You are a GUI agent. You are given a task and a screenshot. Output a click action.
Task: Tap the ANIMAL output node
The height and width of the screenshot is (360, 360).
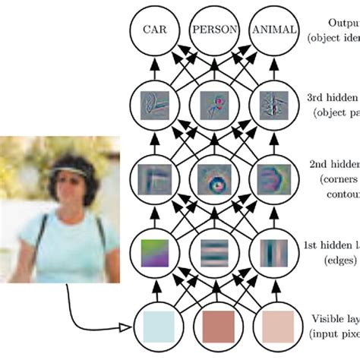(270, 31)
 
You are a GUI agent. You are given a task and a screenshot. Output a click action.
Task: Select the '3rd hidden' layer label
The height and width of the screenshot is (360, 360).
(334, 96)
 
